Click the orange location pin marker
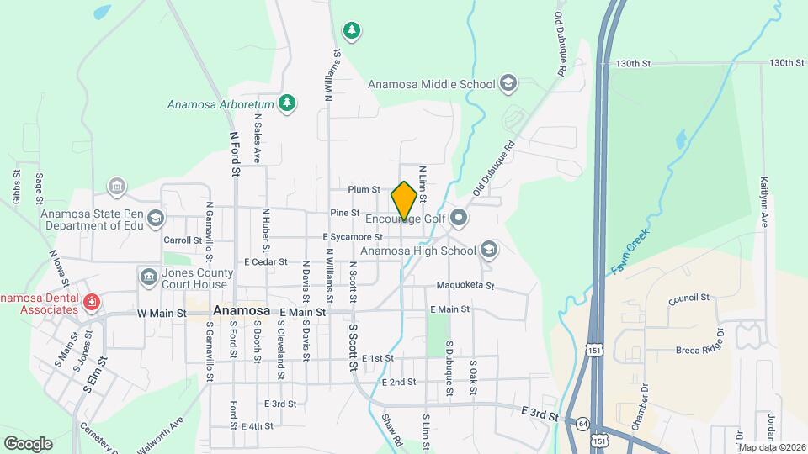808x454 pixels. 404,200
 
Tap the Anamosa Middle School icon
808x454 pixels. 508,83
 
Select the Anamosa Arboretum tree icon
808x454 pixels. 288,103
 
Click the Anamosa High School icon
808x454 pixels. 489,250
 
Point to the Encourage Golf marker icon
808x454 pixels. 459,219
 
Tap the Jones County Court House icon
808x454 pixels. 148,276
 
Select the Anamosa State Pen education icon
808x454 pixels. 155,219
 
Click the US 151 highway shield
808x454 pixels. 598,440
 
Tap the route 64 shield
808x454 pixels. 582,423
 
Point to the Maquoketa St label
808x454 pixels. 465,286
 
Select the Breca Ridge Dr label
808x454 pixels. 699,350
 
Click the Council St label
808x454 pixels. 689,298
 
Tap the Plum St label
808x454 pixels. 364,190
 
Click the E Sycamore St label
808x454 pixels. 353,238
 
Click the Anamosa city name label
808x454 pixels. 242,310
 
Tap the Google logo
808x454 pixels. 28,443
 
